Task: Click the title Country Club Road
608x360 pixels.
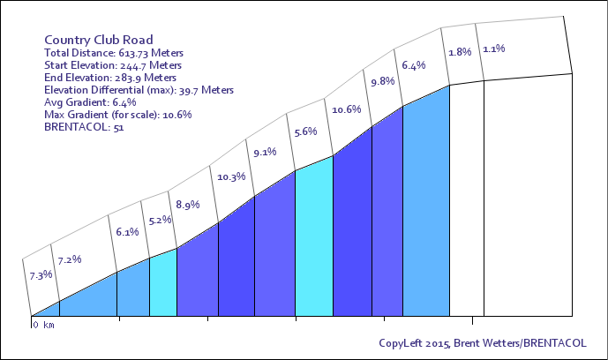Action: (x=99, y=40)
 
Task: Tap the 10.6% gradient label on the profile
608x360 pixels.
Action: (x=346, y=109)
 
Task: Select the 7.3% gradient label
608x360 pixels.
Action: (x=41, y=275)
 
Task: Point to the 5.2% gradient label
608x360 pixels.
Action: (x=160, y=220)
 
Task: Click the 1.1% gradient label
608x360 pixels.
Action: (x=494, y=49)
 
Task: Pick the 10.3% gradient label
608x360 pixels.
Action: (x=231, y=177)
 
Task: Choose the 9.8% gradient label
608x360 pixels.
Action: (x=383, y=82)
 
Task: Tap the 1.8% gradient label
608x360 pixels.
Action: (x=460, y=52)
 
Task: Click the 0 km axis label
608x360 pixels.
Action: (x=44, y=325)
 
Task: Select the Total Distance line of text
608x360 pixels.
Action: (x=114, y=53)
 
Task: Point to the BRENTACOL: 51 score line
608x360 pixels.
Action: (x=84, y=127)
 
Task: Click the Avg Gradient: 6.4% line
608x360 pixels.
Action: (x=90, y=102)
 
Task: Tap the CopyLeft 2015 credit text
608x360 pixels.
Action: (x=483, y=343)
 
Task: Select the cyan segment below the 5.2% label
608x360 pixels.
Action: (x=163, y=285)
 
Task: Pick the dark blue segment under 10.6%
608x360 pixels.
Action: (x=352, y=233)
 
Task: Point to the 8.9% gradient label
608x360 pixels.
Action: (x=188, y=205)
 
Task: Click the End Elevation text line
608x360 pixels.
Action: (x=110, y=78)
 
